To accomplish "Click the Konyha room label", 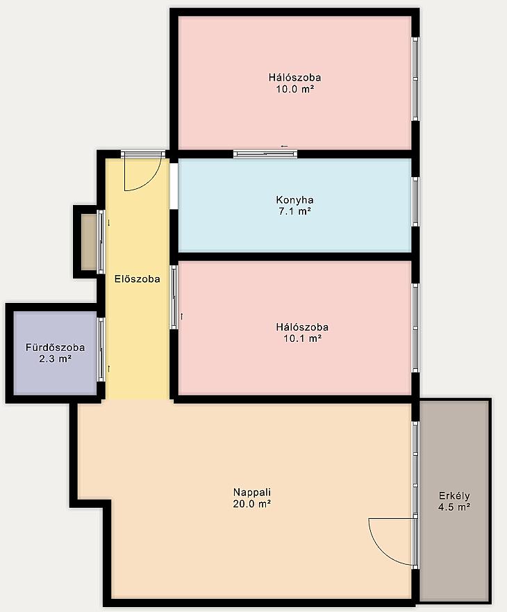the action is tap(294, 200).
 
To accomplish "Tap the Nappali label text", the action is tap(251, 493).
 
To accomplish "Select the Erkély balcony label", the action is tap(454, 496).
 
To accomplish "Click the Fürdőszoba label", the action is tap(55, 347).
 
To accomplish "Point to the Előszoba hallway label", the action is tap(138, 279).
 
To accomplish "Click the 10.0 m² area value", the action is tap(295, 89).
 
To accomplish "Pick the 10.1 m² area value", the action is tap(303, 338).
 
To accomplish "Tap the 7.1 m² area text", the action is tap(294, 212).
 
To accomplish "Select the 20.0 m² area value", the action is tap(251, 504).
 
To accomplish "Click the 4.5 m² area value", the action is tap(454, 507).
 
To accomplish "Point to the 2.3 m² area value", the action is tap(55, 358).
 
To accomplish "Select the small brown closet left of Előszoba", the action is tap(89, 242).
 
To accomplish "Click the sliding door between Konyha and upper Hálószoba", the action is tap(265, 154).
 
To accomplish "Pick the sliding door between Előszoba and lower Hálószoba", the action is tap(174, 297).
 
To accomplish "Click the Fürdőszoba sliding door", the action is tap(101, 349).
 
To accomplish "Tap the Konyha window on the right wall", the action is tap(415, 201).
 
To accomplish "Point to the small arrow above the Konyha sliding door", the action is tap(284, 147).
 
